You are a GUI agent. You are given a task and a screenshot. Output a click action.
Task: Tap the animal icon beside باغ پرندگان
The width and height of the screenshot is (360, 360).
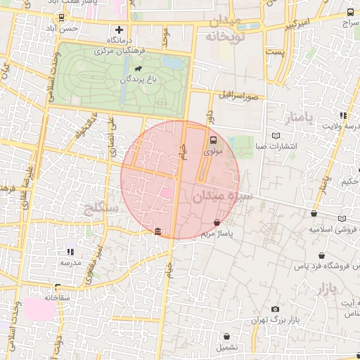click(x=139, y=69)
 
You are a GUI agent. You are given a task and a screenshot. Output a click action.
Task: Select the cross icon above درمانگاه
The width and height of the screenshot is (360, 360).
click(x=119, y=30)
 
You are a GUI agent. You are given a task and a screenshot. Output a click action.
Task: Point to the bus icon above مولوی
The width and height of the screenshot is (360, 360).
click(x=213, y=139)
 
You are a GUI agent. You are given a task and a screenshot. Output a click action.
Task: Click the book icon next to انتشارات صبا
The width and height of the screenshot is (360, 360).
click(x=276, y=135)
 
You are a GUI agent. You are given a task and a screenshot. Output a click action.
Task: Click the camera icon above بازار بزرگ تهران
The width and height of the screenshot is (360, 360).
click(x=275, y=309)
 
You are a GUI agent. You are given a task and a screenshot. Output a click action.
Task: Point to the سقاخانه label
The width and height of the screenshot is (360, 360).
click(x=56, y=297)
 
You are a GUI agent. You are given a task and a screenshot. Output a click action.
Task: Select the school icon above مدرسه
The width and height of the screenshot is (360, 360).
click(x=70, y=252)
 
